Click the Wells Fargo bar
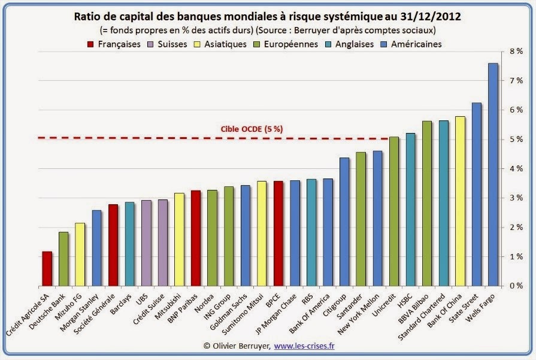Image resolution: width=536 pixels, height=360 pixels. pyautogui.click(x=493, y=174)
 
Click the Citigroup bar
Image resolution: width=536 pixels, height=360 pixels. pyautogui.click(x=344, y=222)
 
